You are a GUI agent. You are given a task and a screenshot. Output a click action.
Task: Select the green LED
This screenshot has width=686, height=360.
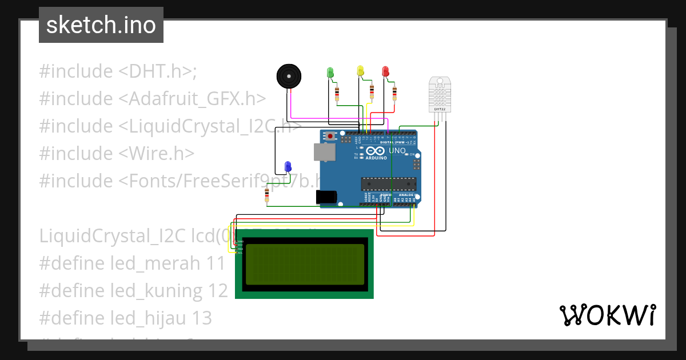click(x=330, y=72)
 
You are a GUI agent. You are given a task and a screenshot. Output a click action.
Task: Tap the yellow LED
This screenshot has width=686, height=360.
click(x=360, y=70)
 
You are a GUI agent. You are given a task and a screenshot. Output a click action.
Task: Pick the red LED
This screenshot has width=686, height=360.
click(x=385, y=71)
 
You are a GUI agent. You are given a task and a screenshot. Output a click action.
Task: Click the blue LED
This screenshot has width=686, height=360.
click(x=288, y=166)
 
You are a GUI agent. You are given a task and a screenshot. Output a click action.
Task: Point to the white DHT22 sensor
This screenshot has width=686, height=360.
click(x=440, y=94)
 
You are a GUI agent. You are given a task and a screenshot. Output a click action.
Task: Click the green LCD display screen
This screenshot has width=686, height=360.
click(x=304, y=264)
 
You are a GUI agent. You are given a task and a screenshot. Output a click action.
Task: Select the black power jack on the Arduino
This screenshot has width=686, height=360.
click(x=326, y=197)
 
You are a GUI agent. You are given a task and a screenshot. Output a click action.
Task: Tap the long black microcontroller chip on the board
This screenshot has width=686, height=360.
click(x=387, y=183)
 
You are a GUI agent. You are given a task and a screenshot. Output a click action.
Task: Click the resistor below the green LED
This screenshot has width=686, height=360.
click(x=337, y=93)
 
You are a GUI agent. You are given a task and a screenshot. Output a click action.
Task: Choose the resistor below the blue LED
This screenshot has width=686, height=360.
click(x=267, y=195)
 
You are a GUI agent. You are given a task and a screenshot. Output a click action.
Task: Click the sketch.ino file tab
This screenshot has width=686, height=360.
click(x=101, y=25)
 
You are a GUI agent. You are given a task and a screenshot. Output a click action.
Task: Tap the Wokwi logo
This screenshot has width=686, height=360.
click(x=607, y=315)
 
